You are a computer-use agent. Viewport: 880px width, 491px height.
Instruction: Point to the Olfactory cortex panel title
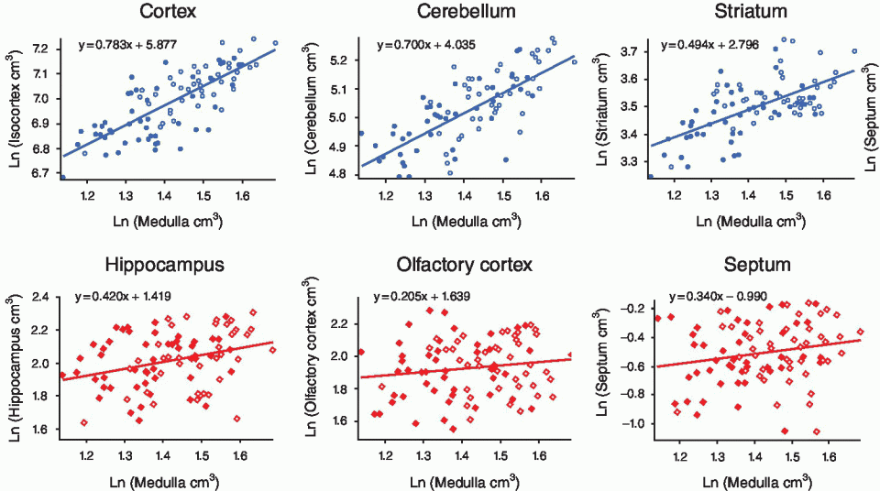(x=465, y=266)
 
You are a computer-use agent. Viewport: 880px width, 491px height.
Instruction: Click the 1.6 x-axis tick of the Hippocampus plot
(x=239, y=452)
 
